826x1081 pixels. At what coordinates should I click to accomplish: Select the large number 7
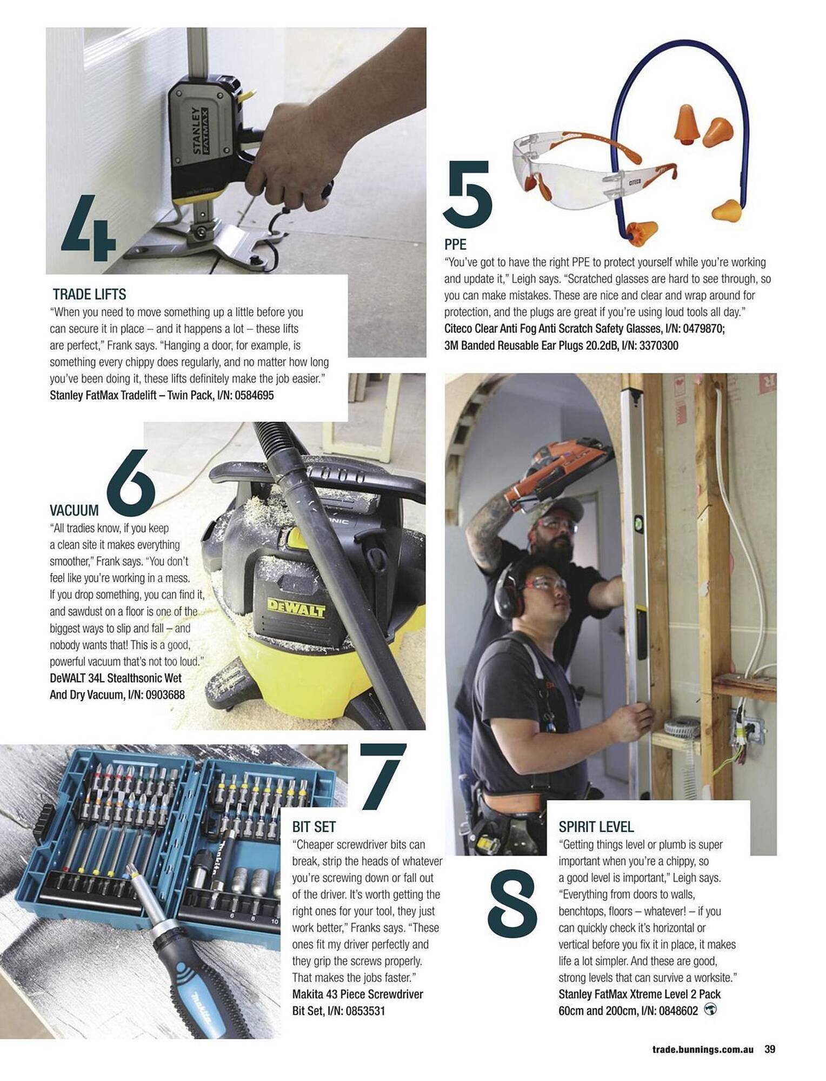(382, 776)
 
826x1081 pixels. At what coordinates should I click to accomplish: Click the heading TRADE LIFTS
(89, 295)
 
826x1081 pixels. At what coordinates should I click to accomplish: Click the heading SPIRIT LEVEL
(596, 827)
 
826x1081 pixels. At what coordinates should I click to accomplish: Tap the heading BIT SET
(314, 827)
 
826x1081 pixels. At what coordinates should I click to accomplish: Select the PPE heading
(455, 244)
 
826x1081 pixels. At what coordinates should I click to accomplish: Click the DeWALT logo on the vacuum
(297, 608)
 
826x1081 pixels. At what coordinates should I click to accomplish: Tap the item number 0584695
(254, 395)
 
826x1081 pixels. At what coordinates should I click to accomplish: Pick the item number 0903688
(164, 695)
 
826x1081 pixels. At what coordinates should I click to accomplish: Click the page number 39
(770, 1049)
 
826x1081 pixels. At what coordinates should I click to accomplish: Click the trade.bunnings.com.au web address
(702, 1050)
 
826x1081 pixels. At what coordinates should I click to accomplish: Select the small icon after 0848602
(711, 1009)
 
